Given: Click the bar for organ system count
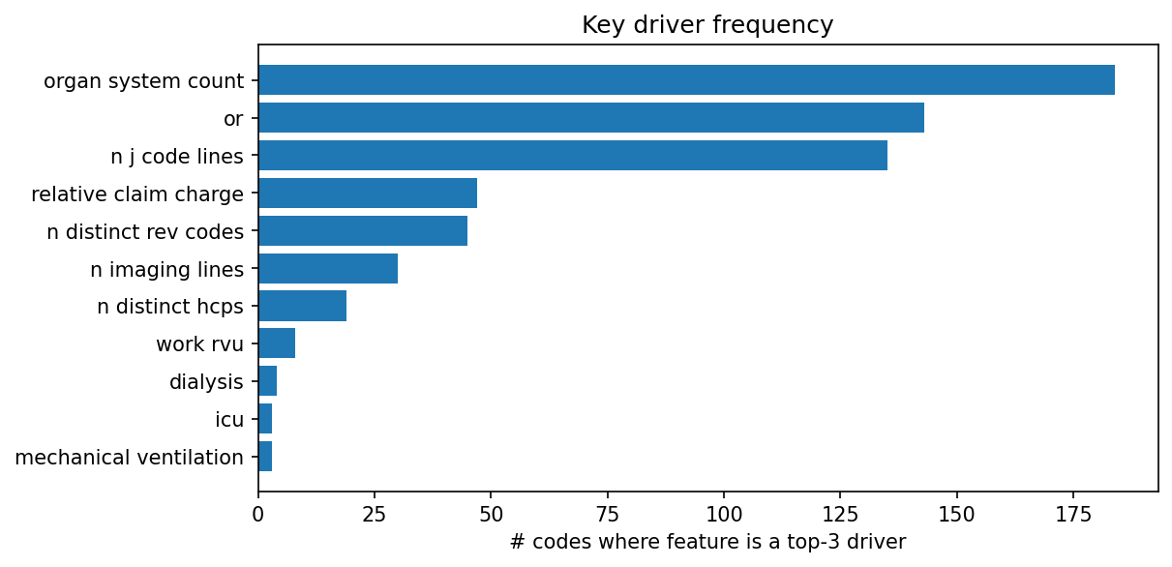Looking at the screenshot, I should click(686, 80).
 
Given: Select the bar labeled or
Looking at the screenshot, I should click(591, 118).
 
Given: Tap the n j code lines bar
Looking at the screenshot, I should click(573, 156).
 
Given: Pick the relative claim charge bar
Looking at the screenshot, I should click(368, 194).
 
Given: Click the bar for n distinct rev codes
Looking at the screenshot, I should click(363, 231).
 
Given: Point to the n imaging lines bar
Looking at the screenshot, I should click(328, 269).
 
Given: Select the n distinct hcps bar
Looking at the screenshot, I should click(302, 307).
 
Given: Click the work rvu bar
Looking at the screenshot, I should click(277, 343).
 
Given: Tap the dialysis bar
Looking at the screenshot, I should click(268, 381).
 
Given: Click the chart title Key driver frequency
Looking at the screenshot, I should click(707, 25).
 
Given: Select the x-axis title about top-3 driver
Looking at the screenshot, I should click(707, 543).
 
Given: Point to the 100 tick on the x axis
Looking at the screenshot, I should click(724, 513).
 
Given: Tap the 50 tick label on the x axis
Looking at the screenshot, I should click(491, 513).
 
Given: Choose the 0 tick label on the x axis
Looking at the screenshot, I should click(258, 513).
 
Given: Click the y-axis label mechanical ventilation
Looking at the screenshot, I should click(130, 457).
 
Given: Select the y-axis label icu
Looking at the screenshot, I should click(229, 420).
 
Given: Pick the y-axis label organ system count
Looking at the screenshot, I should click(143, 81).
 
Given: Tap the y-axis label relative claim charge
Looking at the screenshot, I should click(137, 194).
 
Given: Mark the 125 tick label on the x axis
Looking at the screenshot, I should click(840, 513).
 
